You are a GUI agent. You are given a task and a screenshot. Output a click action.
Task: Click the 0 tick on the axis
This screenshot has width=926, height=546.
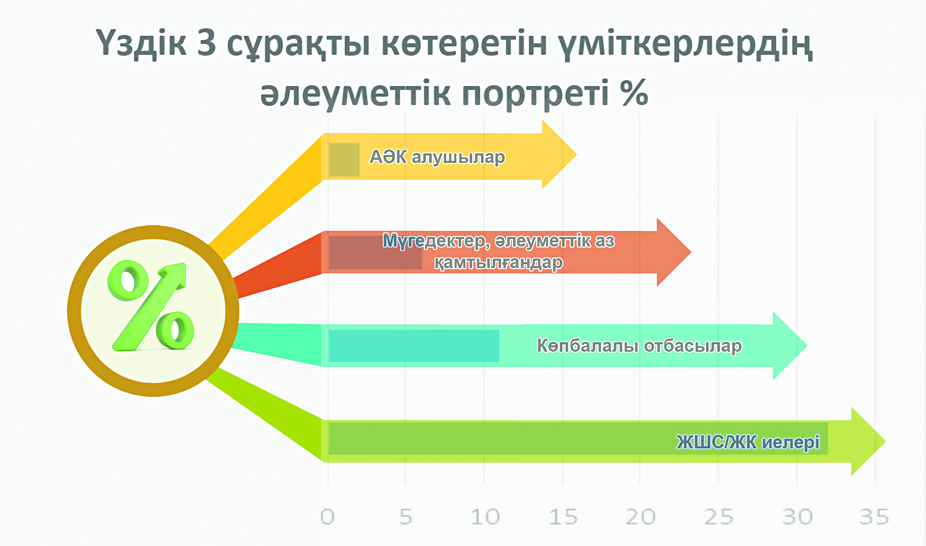click(327, 517)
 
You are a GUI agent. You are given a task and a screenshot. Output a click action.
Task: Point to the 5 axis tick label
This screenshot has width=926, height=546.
click(406, 517)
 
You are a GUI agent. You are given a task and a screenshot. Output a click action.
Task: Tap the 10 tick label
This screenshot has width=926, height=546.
click(485, 517)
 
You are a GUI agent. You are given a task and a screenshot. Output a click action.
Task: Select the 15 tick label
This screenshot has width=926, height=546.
click(563, 517)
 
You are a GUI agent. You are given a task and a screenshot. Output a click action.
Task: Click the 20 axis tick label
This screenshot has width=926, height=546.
click(641, 517)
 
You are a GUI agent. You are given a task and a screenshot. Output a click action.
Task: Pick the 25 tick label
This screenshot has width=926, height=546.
click(719, 517)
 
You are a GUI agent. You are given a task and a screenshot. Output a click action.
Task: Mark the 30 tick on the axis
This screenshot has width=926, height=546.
click(797, 517)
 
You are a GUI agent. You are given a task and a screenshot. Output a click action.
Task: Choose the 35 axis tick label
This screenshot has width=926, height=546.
click(874, 517)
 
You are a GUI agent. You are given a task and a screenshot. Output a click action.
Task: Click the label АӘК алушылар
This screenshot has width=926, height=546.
click(438, 157)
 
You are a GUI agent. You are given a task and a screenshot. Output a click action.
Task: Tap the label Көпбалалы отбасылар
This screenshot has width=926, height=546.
click(639, 346)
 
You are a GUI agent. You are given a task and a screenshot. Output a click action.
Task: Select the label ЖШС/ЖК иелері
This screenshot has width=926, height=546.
click(748, 442)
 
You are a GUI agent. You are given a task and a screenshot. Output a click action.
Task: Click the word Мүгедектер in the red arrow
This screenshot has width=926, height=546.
click(436, 241)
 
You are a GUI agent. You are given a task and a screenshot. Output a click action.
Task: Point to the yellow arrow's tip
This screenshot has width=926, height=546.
click(577, 155)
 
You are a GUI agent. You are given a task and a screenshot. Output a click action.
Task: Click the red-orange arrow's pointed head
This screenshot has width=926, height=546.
click(691, 252)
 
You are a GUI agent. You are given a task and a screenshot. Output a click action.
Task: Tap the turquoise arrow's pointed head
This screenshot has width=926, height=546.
click(807, 346)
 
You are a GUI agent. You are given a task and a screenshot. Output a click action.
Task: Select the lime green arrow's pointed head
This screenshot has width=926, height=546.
click(886, 442)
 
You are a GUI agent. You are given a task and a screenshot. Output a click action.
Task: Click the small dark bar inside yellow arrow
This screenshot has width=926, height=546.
click(344, 159)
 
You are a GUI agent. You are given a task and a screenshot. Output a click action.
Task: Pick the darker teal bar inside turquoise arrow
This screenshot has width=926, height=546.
click(414, 345)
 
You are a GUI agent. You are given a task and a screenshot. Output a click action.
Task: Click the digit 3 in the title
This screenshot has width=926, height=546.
click(207, 42)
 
